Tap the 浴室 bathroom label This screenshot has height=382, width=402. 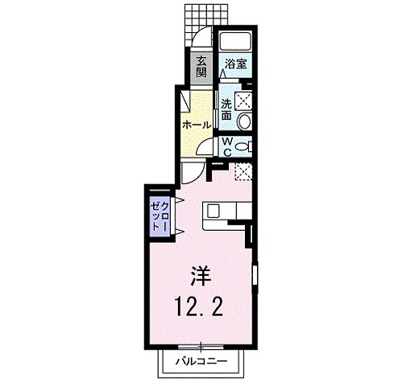pyautogui.click(x=235, y=64)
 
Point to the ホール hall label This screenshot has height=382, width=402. pyautogui.click(x=197, y=125)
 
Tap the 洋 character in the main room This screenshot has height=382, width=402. pyautogui.click(x=201, y=275)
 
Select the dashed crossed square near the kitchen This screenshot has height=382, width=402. pyautogui.click(x=242, y=170)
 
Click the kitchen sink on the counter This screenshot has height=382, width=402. pyautogui.click(x=213, y=212)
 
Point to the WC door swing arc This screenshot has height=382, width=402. pyautogui.click(x=207, y=146)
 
